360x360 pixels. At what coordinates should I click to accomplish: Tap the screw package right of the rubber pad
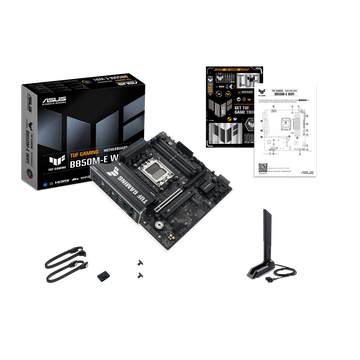[x=137, y=271]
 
